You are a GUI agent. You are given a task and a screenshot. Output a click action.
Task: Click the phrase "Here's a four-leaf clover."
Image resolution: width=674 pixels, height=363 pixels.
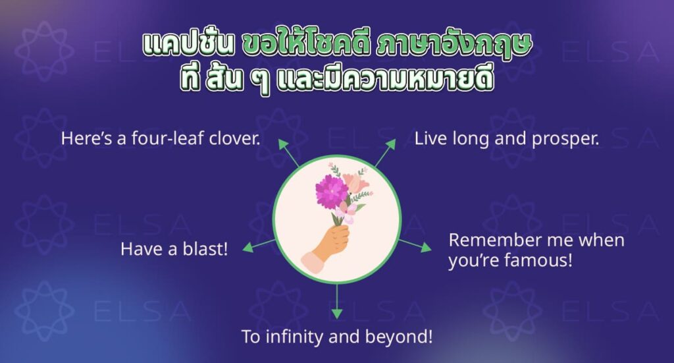(161, 139)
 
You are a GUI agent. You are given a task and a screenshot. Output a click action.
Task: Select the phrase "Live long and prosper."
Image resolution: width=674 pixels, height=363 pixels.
(507, 139)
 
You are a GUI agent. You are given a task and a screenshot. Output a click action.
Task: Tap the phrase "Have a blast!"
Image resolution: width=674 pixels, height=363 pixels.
(174, 249)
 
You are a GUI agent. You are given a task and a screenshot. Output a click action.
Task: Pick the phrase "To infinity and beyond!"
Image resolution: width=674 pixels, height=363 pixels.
(337, 337)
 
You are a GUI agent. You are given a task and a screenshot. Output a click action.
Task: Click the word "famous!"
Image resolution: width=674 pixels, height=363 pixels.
(538, 260)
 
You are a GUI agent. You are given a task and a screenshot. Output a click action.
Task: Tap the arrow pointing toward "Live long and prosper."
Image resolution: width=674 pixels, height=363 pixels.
(385, 152)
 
